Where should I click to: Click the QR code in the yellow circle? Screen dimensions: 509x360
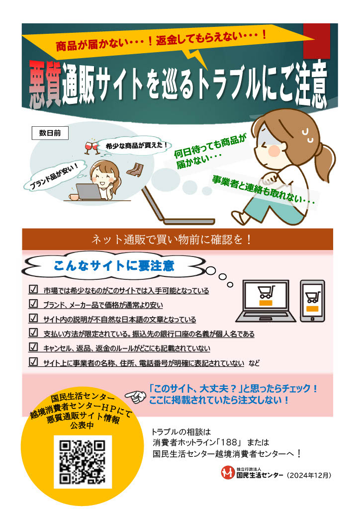point(83,463)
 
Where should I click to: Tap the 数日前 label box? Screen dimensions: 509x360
point(50,133)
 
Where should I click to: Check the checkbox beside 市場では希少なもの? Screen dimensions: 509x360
point(34,290)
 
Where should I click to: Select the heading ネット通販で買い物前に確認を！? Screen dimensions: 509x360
point(172,240)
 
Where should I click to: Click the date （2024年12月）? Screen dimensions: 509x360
point(309,475)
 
